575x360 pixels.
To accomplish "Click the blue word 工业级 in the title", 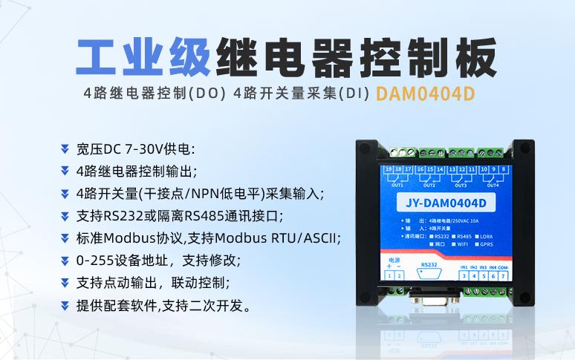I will click(141, 57).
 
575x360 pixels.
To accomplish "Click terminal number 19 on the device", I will click(389, 170).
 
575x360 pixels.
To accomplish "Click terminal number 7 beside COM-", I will click(503, 275).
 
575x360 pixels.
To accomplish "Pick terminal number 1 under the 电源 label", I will click(390, 275).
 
